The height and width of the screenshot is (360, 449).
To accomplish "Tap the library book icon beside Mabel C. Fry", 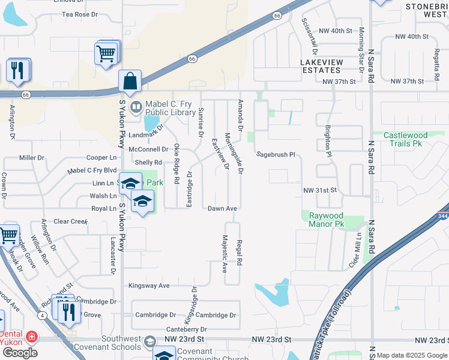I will (136, 107).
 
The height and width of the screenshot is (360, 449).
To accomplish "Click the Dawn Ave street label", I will (222, 208).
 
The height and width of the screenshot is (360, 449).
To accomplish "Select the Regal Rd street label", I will (239, 251).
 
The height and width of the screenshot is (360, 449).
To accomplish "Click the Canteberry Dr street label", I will (186, 329).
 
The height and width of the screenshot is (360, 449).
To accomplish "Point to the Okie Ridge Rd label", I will (176, 164).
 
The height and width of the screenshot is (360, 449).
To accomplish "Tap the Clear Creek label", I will (71, 221).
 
